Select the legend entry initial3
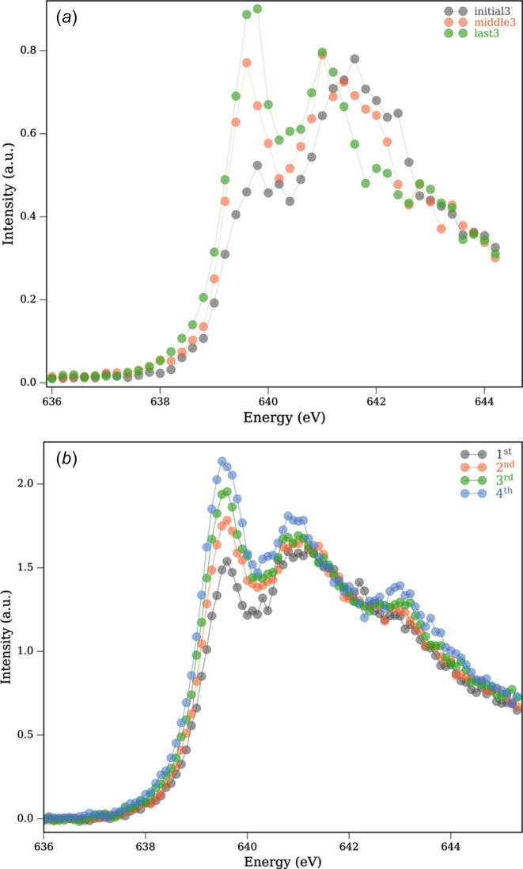(491, 11)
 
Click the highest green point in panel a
(257, 9)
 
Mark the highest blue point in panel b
(222, 461)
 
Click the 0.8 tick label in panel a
(29, 51)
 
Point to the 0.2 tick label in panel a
(29, 299)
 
